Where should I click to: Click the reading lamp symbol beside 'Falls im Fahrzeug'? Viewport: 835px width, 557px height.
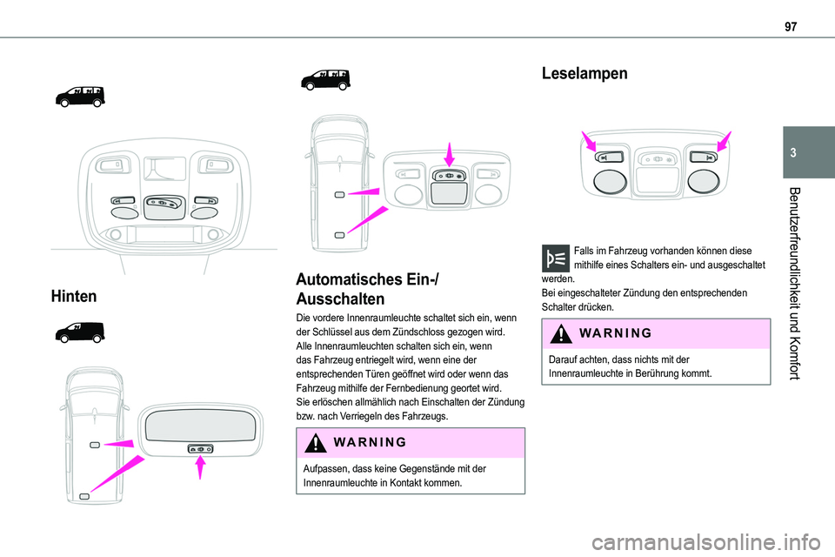pos(554,259)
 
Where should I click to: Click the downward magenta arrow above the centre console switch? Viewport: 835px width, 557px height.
pos(449,154)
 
